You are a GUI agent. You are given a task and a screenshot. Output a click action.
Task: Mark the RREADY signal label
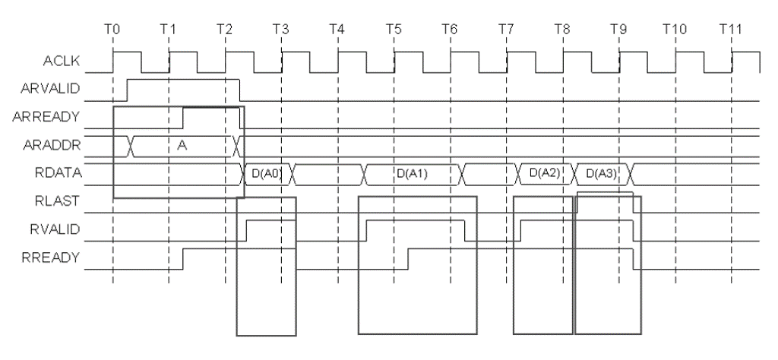tap(58, 258)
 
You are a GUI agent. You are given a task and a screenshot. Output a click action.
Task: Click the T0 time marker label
tap(112, 29)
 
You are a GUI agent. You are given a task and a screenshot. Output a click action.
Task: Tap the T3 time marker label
tap(281, 29)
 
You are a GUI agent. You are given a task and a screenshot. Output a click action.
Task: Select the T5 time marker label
tap(394, 29)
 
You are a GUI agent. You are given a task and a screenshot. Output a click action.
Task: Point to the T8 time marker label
tap(562, 29)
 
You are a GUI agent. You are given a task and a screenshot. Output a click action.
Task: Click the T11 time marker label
tap(730, 29)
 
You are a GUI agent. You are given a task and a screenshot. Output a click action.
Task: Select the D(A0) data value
tap(267, 174)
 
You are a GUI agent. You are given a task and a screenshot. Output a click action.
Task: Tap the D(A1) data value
tap(413, 174)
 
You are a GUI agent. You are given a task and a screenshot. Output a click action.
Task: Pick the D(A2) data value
tap(544, 174)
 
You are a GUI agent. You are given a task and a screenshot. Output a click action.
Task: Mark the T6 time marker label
tap(450, 29)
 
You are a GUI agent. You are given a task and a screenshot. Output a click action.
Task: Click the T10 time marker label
tap(674, 29)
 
